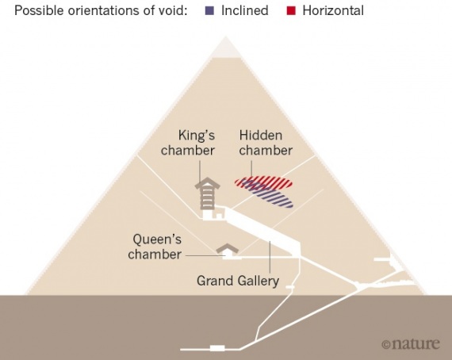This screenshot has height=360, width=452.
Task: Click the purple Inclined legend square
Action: coord(209,10)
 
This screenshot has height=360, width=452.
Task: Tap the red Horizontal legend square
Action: coord(291,10)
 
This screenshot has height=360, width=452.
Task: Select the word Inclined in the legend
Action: coord(245,10)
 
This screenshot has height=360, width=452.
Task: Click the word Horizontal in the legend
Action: coord(333,10)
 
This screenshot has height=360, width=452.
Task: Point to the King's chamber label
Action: coord(188,143)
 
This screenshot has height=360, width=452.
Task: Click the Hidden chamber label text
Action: coord(266,143)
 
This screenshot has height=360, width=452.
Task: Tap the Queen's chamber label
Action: coord(155,247)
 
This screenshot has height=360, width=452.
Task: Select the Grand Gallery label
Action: coord(238,281)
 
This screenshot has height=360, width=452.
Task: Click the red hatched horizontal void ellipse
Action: coord(263,182)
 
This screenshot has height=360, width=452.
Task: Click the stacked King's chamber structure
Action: coord(207,193)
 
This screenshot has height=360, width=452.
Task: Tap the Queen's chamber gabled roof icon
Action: coord(228,248)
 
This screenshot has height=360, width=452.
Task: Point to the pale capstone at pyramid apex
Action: coord(226,48)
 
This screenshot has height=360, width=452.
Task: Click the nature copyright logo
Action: coord(411,343)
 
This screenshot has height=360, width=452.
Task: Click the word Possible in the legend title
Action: coord(39,10)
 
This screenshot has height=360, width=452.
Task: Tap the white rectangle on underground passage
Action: coord(217,348)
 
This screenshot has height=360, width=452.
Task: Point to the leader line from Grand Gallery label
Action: coord(270,257)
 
